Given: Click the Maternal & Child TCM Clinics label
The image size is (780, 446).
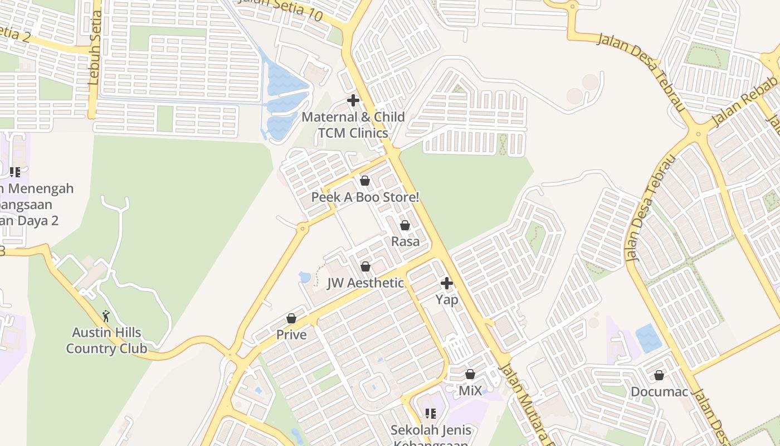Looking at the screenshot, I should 353,125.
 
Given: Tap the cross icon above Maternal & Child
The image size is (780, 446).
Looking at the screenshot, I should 353,101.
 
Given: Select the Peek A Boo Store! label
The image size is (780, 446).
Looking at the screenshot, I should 365,197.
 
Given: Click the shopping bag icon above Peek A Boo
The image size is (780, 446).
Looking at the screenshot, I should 365,181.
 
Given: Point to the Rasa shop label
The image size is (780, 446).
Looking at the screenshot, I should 405,241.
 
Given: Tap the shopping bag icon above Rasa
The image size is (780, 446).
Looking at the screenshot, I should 405,225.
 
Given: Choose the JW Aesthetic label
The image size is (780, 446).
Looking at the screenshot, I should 365,283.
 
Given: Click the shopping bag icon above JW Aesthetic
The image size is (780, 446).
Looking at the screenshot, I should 365,266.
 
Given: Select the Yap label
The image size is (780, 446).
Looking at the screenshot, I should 447,299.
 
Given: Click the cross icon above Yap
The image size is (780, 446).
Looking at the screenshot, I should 447,283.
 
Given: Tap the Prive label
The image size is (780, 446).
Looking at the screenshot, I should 291,334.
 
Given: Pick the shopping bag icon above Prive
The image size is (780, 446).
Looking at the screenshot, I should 291,318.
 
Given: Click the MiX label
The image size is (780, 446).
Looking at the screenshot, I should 470,390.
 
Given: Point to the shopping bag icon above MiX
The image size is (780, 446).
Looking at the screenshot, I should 470,374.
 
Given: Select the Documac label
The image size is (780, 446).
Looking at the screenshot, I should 659,391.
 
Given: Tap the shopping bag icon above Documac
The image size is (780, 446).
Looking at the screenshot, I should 659,375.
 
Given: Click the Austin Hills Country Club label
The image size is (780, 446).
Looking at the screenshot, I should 106,341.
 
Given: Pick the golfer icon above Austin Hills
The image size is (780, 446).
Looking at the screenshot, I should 106,317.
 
